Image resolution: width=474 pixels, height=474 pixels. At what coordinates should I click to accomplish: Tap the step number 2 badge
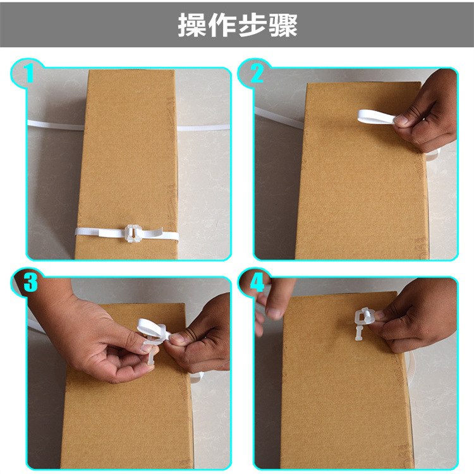pos(256,74)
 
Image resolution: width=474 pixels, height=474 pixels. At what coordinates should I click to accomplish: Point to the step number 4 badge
pos(257,283)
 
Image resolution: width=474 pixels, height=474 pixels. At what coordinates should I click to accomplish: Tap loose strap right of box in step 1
pos(202,128)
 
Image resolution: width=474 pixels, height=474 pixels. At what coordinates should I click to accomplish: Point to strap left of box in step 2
pos(278,118)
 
